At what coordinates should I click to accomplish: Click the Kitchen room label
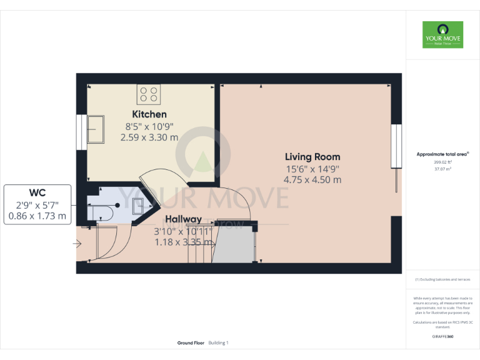click(x=149, y=114)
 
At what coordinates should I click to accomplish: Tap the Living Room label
click(x=312, y=157)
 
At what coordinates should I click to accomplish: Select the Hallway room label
click(x=183, y=219)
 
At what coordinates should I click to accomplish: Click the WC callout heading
click(x=37, y=191)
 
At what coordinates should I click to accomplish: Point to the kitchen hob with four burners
click(x=149, y=94)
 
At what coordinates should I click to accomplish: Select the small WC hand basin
click(x=137, y=202)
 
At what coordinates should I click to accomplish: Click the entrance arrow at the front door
click(x=77, y=244)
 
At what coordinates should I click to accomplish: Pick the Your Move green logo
click(x=442, y=35)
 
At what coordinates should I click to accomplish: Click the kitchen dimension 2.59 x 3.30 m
click(x=149, y=137)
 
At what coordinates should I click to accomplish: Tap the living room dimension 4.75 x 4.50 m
click(x=312, y=179)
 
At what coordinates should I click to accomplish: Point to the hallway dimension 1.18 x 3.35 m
click(x=183, y=242)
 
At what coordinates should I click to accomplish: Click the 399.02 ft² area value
click(x=442, y=162)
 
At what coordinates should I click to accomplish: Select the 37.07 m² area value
click(x=442, y=168)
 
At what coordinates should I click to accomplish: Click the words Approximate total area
click(x=442, y=154)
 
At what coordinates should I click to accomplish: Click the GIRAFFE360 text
click(x=442, y=337)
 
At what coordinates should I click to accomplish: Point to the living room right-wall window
click(x=395, y=146)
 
